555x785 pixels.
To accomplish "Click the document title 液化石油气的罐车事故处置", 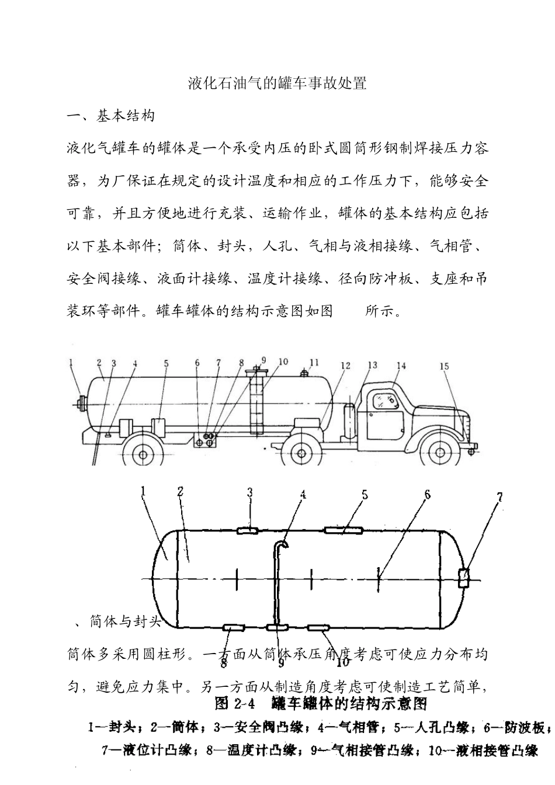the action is pos(277,83).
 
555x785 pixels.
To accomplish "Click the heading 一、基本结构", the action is pos(111,116).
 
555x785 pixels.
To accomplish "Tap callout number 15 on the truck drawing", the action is pos(444,367).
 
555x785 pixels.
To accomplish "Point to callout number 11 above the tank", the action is pos(314,363).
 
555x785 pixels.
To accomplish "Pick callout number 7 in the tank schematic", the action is pos(500,497).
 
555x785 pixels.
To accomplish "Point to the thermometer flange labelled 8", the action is pos(234,628).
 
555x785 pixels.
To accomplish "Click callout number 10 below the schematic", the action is pos(343,662).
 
